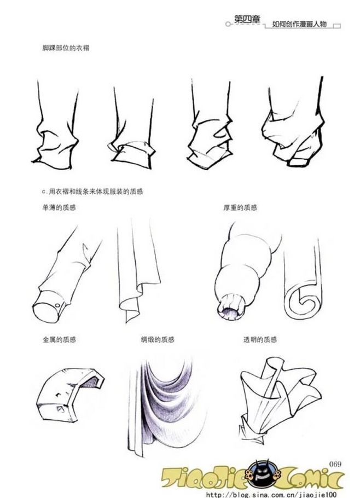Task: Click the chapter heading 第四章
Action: coord(247,19)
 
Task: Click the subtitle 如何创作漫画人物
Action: coord(299,24)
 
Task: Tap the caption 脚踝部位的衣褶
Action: coord(66,48)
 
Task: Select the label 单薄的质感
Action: coord(59,208)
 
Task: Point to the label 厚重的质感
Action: coord(240,208)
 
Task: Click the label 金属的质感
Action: coord(60,339)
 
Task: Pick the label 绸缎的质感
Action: coord(158,339)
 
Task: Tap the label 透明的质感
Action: coord(260,339)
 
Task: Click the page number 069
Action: coord(335,464)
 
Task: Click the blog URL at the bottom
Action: coord(271,494)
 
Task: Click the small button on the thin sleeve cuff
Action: coord(57,305)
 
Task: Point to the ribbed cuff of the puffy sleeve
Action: coord(231,307)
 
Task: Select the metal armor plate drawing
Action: coord(70,395)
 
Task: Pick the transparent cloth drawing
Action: coord(280,397)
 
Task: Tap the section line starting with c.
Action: coord(92,192)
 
